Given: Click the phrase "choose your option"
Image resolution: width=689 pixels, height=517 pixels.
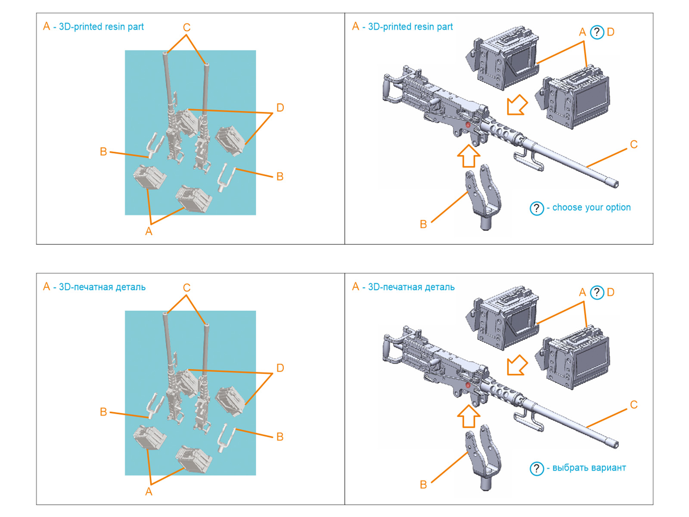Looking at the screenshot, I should click(591, 207).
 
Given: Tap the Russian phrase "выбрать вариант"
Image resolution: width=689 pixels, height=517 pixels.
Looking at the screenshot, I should click(589, 467).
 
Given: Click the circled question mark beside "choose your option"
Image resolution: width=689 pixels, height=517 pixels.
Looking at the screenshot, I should click(537, 208).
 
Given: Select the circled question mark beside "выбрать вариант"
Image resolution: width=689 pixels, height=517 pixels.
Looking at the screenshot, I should click(537, 468).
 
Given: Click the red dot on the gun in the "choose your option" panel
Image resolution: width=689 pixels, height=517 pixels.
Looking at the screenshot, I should click(468, 125).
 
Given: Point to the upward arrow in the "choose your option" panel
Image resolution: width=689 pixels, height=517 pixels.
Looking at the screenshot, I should click(469, 156).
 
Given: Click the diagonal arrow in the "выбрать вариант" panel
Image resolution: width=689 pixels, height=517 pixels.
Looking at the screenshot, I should click(517, 365).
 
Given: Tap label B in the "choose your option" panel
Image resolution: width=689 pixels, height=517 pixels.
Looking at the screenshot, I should click(423, 224).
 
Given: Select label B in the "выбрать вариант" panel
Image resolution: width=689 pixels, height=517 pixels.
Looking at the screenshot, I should click(423, 484).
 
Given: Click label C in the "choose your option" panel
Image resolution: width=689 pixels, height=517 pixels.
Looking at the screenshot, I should click(633, 144).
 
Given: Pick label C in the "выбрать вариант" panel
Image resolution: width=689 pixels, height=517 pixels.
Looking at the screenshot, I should click(633, 405).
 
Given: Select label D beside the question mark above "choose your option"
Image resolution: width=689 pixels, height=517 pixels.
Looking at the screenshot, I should click(611, 32).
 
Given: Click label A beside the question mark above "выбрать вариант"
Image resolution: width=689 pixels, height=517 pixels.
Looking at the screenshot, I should click(582, 292).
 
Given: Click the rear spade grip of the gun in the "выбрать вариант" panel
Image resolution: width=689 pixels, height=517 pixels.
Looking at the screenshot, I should click(389, 349).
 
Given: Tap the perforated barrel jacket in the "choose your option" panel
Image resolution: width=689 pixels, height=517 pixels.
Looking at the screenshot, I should click(502, 131).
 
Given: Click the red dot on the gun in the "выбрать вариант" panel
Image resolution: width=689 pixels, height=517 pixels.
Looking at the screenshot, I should click(468, 385).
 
